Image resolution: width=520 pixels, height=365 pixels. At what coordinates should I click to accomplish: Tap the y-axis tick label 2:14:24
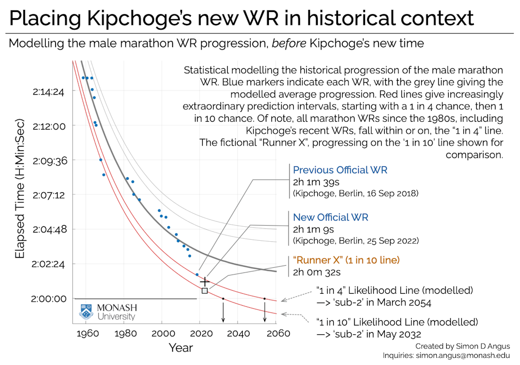(48, 92)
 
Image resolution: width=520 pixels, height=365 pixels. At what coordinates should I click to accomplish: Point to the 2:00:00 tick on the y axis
(48, 298)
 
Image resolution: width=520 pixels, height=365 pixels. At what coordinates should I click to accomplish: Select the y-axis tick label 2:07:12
(48, 195)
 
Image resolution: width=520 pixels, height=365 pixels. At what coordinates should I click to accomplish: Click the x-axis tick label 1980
(124, 333)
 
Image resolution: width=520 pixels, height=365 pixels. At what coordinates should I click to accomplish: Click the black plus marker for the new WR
(204, 281)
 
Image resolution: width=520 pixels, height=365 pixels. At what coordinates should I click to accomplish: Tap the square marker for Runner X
(204, 291)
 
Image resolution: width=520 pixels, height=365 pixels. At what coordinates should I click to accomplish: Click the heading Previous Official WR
(340, 171)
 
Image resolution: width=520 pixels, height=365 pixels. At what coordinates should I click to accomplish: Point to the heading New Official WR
(331, 217)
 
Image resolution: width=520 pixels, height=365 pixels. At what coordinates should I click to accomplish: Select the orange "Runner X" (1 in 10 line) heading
(346, 259)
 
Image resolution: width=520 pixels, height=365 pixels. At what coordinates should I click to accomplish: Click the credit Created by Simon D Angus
(463, 345)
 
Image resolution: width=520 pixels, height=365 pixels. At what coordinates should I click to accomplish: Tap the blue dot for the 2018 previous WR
(197, 275)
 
